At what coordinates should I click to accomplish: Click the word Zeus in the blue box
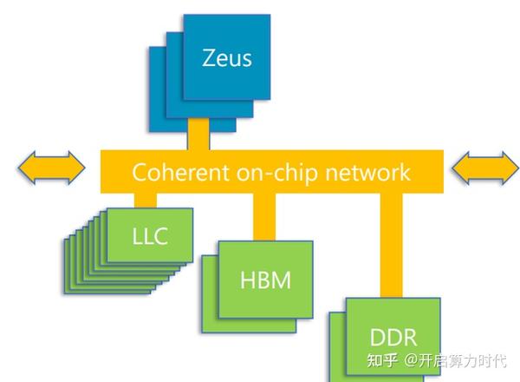point(227,58)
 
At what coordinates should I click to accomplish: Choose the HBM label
point(265,280)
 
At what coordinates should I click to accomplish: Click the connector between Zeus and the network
point(198,134)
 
